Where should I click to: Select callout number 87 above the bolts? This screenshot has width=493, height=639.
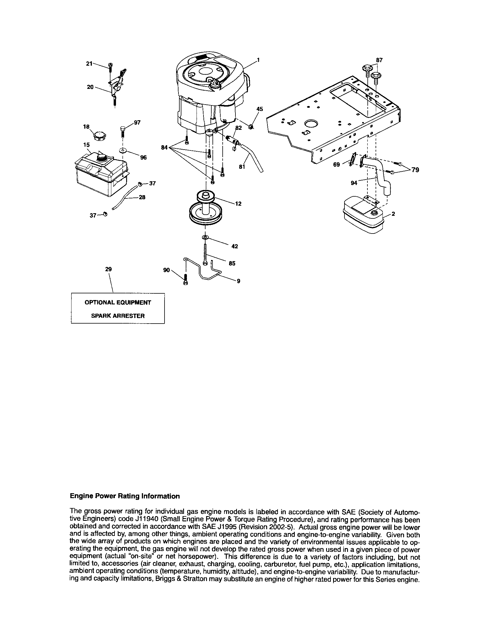pos(379,60)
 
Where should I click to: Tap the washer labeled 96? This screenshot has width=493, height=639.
pos(122,150)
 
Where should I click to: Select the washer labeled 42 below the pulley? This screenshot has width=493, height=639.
pos(205,236)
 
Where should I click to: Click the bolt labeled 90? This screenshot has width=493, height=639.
pos(185,279)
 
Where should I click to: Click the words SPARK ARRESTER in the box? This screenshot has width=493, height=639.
pos(118,316)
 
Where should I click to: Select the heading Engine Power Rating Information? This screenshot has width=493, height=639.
pos(125,496)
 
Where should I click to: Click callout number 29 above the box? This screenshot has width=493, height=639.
pos(108,269)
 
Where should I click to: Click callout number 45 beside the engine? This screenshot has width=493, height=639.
pos(260,109)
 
